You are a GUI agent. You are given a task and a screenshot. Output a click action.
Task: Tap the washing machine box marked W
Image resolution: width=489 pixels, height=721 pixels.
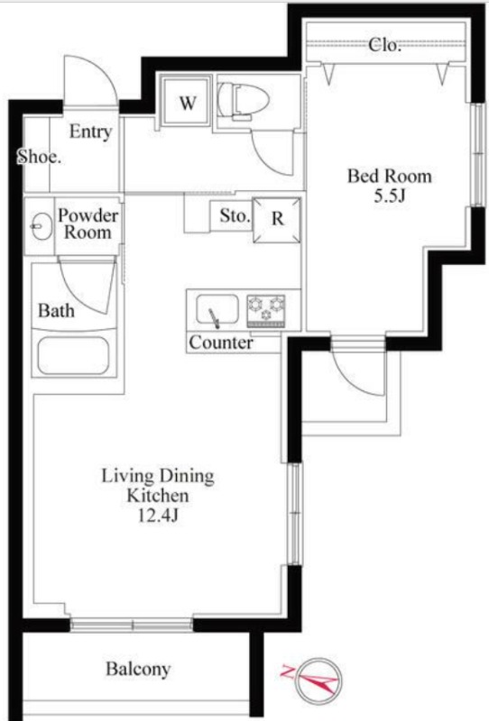[187, 102]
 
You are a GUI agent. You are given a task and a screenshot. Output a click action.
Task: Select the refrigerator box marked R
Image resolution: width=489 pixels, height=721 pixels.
[277, 220]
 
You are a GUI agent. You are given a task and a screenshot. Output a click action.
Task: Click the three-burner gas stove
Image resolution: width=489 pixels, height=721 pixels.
[266, 310]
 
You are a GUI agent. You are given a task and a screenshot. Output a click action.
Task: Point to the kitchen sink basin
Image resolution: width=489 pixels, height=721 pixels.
[217, 309]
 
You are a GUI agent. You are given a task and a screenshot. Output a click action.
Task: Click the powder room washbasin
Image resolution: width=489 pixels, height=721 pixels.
[42, 226]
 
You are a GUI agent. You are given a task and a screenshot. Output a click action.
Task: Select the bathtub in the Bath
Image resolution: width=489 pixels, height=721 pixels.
[74, 356]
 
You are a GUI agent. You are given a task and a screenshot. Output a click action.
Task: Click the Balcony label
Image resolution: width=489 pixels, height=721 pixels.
[138, 669]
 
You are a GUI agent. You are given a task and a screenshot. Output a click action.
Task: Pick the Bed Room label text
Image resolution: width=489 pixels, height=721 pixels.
[390, 176]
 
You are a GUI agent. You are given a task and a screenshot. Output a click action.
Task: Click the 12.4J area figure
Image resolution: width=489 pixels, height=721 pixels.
[159, 516]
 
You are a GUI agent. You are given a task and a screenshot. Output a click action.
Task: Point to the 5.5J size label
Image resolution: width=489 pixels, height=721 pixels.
[390, 196]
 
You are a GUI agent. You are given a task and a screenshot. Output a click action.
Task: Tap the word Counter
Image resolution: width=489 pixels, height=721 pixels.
[221, 342]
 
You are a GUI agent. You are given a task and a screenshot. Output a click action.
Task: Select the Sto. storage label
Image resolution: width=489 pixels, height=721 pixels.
[235, 215]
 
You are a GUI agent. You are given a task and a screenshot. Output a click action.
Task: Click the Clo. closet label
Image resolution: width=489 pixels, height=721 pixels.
[384, 45]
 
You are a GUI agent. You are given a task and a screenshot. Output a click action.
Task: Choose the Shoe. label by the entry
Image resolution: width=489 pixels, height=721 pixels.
[39, 157]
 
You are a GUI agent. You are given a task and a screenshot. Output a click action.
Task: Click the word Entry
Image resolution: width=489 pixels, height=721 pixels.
[91, 132]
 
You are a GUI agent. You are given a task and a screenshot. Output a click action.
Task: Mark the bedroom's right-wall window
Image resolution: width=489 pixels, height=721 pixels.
[479, 155]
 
